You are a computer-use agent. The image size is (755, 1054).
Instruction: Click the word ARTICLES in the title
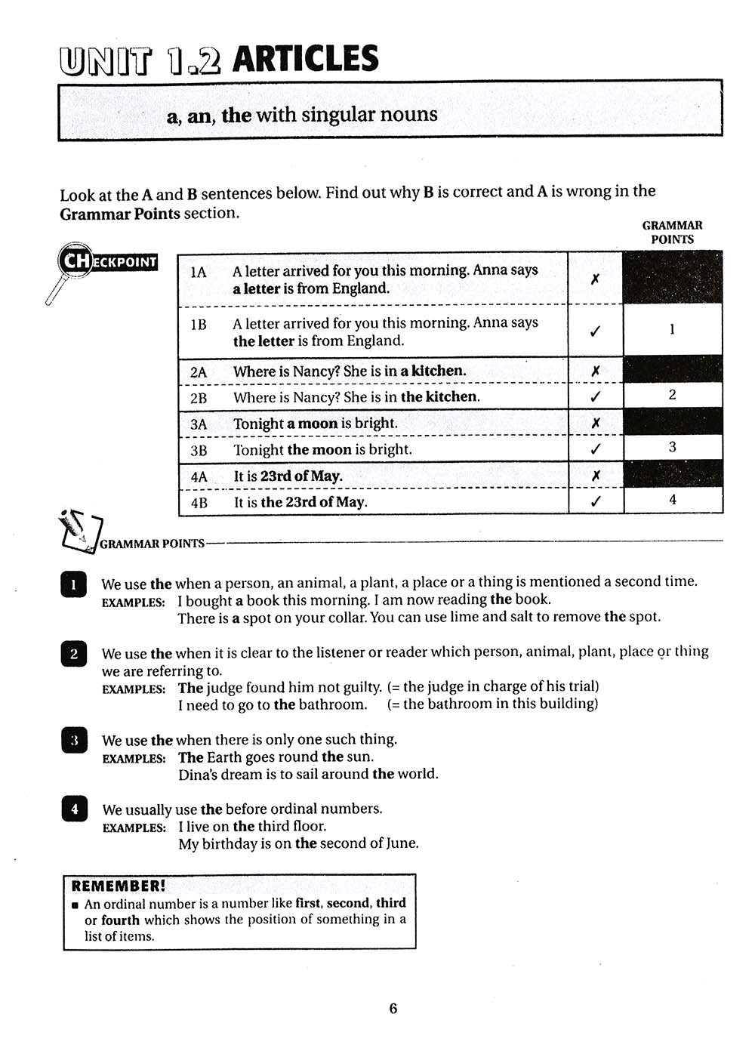click(306, 60)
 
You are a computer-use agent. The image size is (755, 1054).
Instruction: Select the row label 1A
click(199, 272)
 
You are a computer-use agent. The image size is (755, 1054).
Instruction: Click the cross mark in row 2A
click(595, 371)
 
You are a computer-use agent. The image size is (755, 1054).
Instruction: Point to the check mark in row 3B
click(595, 449)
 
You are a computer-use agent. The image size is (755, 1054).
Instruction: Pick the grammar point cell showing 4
click(672, 500)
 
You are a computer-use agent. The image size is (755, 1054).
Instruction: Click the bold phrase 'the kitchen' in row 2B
click(439, 397)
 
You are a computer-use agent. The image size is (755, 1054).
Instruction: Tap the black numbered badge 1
click(73, 584)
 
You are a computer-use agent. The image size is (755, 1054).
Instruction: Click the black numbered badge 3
click(74, 741)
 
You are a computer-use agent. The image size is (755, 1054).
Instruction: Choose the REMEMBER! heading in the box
click(118, 886)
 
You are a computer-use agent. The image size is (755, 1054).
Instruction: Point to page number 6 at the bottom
click(393, 1009)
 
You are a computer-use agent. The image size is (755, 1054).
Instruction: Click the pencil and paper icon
click(79, 531)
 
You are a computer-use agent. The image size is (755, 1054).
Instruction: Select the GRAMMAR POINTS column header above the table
click(672, 233)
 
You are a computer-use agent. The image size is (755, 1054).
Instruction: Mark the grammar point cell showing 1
click(672, 330)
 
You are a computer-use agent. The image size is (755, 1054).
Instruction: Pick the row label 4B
click(199, 502)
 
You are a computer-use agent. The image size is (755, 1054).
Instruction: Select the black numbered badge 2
click(73, 654)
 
